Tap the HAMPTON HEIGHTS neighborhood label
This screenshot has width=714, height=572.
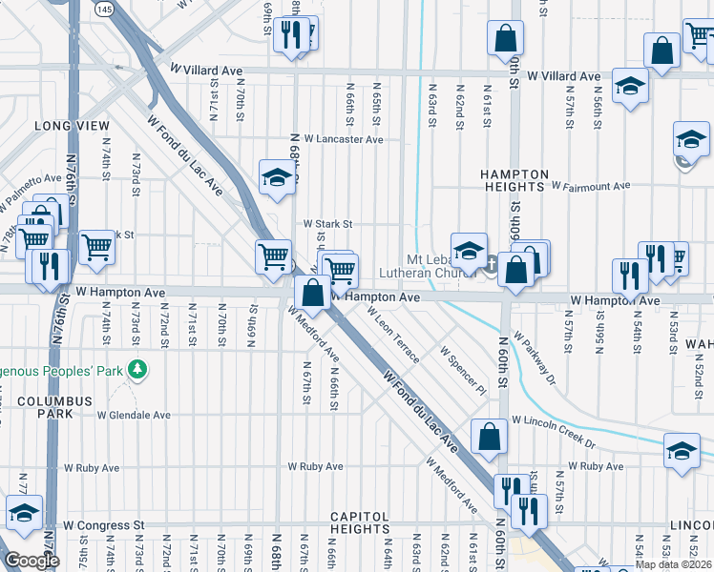(x=514, y=181)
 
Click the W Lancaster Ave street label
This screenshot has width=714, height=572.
(x=345, y=139)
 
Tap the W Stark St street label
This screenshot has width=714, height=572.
(x=328, y=224)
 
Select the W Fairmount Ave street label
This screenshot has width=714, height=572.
(x=592, y=186)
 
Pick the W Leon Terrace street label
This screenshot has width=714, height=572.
(x=391, y=340)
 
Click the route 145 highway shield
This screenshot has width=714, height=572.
(x=104, y=9)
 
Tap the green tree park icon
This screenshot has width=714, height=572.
(x=139, y=367)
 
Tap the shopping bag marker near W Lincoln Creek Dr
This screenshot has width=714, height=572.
(x=489, y=437)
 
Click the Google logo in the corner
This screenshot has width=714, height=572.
(x=31, y=561)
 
